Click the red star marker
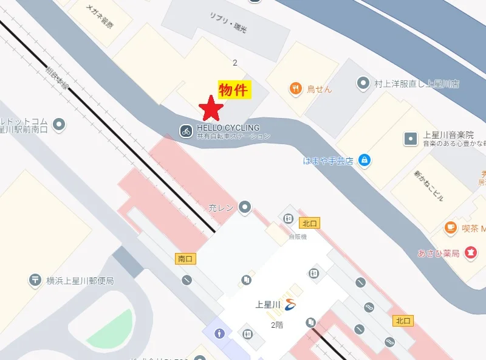[x=211, y=108]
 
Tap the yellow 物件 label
[x=233, y=90]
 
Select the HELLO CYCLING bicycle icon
[x=186, y=130]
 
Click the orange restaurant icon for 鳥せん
[x=296, y=88]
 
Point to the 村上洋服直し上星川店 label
[x=416, y=83]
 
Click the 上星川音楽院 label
[x=448, y=134]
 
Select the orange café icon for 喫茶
[x=450, y=228]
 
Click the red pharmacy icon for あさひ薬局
[x=470, y=252]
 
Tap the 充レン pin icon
[x=245, y=207]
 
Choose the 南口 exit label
[x=185, y=259]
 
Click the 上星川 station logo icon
[x=291, y=305]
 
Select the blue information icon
[x=219, y=334]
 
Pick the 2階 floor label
[x=278, y=325]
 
